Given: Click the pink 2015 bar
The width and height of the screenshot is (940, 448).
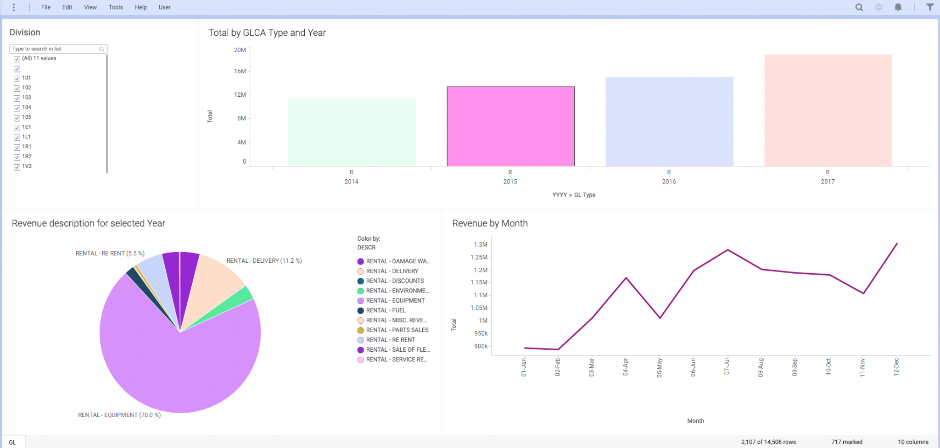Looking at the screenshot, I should (510, 126).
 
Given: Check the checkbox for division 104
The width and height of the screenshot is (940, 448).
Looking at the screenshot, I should (17, 108).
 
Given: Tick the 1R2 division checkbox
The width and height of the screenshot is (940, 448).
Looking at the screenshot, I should (17, 157).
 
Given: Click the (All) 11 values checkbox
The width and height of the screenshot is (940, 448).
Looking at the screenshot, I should (17, 59).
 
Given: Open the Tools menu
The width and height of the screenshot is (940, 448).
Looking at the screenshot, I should (116, 7).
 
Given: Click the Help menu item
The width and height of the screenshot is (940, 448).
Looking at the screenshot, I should (140, 7).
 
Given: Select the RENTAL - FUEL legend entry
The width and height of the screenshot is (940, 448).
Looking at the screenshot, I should (386, 310).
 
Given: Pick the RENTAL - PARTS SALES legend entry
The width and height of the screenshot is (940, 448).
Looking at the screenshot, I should (397, 330).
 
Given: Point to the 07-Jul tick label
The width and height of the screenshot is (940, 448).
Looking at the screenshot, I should (727, 367).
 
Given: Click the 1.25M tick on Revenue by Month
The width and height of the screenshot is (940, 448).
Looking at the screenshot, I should (479, 257).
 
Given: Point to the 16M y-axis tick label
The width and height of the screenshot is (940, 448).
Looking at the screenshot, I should (240, 71).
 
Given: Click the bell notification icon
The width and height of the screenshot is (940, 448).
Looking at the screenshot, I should (898, 7).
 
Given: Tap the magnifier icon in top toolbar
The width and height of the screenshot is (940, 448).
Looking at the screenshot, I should (859, 7).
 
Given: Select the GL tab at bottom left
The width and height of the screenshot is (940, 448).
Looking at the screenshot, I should (13, 442).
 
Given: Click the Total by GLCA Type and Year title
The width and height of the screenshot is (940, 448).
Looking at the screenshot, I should (267, 33).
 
